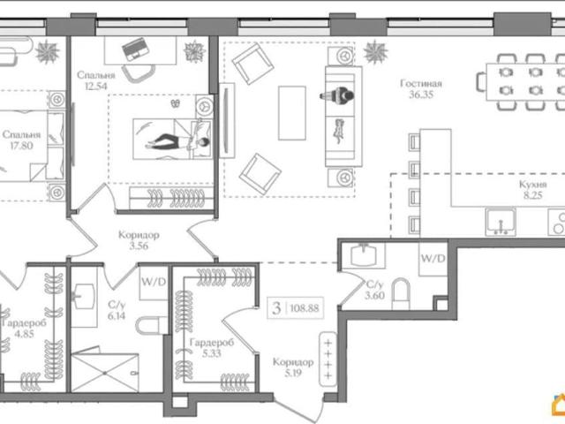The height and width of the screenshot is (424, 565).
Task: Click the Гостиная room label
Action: click(x=421, y=84)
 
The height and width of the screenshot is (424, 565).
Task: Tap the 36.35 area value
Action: click(x=421, y=95)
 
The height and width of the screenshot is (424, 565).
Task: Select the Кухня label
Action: click(x=533, y=185)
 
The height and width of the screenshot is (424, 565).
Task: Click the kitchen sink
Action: click(x=501, y=222)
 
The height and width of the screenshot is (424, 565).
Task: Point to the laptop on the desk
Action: click(x=135, y=49)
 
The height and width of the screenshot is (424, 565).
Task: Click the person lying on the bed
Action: click(x=177, y=141)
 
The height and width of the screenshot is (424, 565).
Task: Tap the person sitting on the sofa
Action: click(x=337, y=95)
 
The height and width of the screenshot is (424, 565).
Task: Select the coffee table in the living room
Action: click(x=292, y=113)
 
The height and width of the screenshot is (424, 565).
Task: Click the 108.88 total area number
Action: click(x=305, y=308)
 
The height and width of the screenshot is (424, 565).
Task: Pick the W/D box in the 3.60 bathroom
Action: click(x=433, y=259)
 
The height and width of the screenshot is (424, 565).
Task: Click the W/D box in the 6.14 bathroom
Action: click(x=154, y=283)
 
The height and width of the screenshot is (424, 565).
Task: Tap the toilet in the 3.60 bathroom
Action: click(x=401, y=293)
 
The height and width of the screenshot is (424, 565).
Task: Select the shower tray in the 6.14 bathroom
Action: click(x=105, y=373)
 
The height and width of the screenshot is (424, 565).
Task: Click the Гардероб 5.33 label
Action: click(x=212, y=347)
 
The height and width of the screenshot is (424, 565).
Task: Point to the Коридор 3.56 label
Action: click(x=139, y=240)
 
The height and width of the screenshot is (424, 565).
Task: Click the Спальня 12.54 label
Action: click(x=96, y=80)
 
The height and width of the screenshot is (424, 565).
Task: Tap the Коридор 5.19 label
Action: click(x=293, y=367)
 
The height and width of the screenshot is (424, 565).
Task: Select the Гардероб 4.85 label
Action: click(x=24, y=328)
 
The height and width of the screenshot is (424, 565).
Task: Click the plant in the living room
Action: click(x=376, y=52)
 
